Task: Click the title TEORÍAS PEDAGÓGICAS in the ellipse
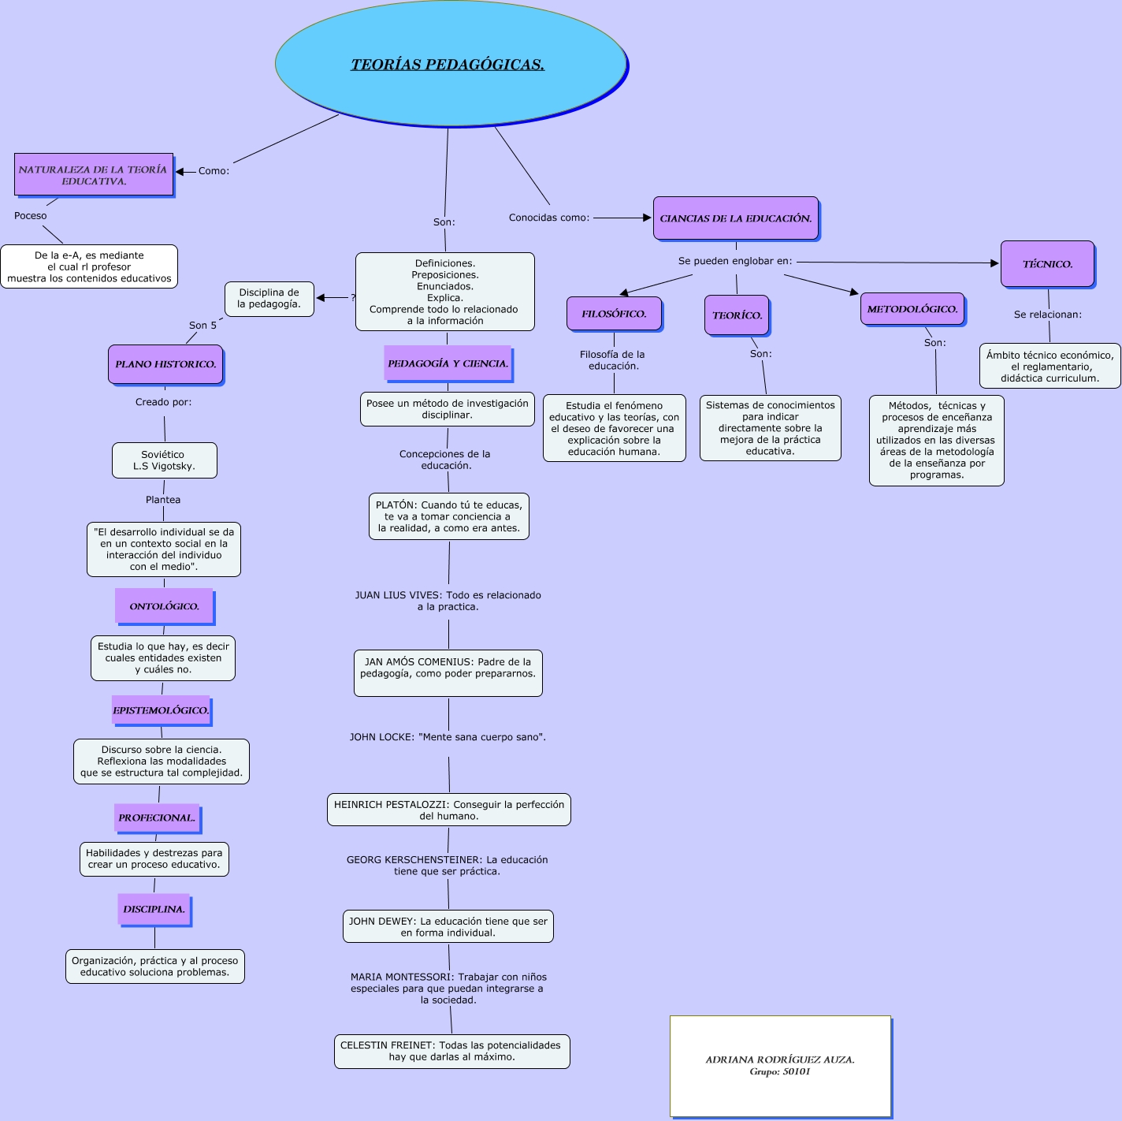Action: [x=448, y=65]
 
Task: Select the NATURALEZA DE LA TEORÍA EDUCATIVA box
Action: [x=93, y=175]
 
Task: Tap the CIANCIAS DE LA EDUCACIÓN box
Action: [x=736, y=218]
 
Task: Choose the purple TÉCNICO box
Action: [x=1047, y=264]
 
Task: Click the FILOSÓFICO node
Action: [x=614, y=314]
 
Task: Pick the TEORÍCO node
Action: [x=737, y=315]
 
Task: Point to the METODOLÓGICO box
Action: [x=912, y=309]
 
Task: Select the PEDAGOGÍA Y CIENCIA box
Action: [x=448, y=363]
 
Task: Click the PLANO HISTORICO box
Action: [x=165, y=364]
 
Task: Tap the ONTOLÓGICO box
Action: [x=164, y=606]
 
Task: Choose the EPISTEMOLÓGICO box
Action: [x=161, y=710]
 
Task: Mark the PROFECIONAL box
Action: [x=157, y=817]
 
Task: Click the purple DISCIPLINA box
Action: [x=154, y=909]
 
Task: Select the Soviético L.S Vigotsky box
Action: [x=164, y=460]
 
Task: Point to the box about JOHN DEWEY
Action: [x=448, y=926]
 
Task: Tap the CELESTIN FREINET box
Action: [x=451, y=1051]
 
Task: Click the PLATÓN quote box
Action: [x=448, y=516]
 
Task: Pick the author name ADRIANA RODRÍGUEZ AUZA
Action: [x=780, y=1060]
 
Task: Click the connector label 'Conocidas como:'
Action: [x=549, y=218]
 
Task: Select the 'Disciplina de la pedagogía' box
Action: [x=269, y=298]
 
